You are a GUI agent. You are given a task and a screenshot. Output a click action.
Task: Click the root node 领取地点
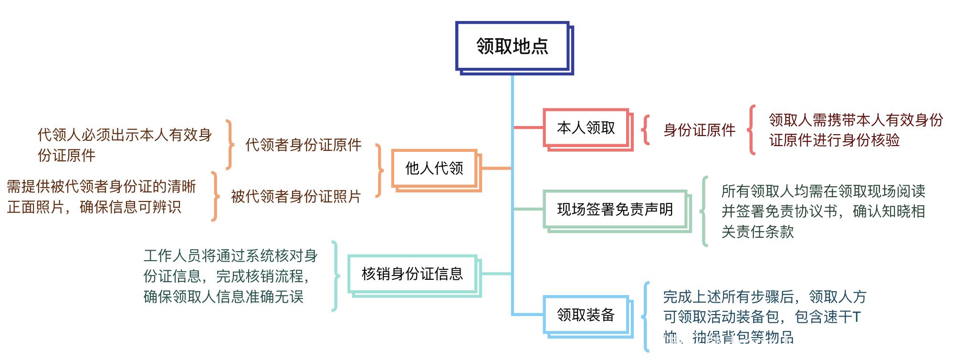[512, 46]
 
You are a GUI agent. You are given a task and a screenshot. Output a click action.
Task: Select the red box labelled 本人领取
[586, 128]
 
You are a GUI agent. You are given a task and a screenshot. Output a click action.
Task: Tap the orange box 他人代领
[434, 168]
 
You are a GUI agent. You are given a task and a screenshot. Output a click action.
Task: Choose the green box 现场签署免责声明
[615, 209]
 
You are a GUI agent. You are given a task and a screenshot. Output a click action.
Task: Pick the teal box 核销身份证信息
[412, 274]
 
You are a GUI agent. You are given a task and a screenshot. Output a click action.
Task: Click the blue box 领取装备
[586, 315]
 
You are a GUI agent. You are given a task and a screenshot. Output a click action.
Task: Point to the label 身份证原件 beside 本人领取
[699, 130]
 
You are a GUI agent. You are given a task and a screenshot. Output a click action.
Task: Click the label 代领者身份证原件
[303, 145]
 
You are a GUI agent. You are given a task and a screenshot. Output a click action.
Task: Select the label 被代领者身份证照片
[296, 196]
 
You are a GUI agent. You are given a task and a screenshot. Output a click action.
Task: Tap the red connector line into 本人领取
[528, 127]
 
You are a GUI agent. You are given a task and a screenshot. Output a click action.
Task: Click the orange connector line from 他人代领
[495, 168]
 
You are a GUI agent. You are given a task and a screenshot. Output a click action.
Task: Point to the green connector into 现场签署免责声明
[528, 209]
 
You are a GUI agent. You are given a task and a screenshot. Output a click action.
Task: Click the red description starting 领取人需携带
[855, 130]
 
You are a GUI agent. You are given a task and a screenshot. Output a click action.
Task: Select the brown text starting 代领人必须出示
[125, 145]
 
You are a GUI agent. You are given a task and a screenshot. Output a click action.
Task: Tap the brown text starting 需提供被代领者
[101, 196]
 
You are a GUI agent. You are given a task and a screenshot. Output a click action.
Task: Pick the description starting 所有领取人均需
[823, 211]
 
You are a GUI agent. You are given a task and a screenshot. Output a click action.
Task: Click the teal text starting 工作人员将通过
[231, 276]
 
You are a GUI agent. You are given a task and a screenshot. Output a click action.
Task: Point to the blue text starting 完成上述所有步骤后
[764, 317]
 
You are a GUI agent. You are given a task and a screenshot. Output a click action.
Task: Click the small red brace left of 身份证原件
[646, 129]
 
